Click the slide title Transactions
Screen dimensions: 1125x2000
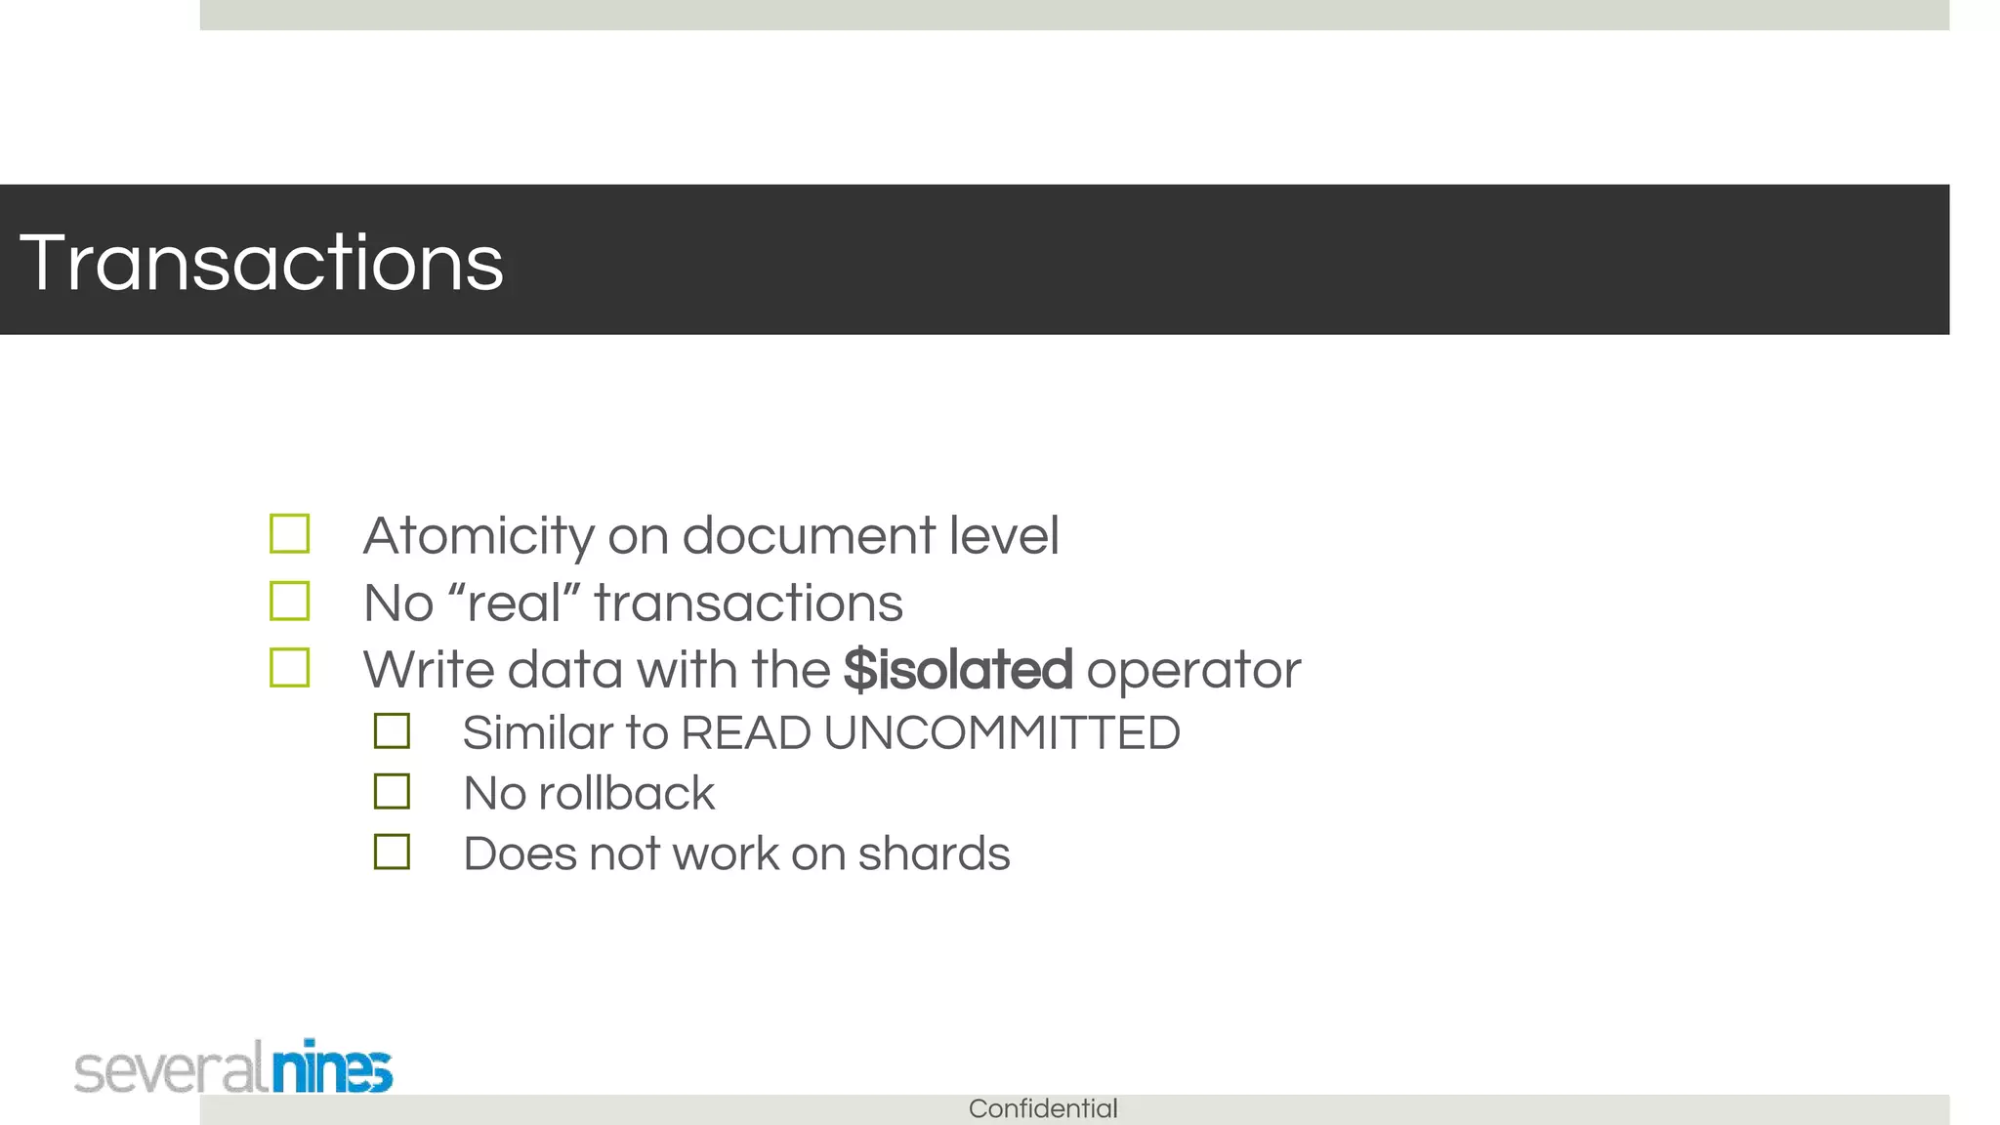pyautogui.click(x=261, y=263)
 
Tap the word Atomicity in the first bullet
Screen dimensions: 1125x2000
pyautogui.click(x=478, y=536)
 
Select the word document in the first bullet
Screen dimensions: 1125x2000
pyautogui.click(x=809, y=536)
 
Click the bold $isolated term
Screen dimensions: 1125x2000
pyautogui.click(x=958, y=671)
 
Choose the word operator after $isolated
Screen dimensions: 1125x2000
pyautogui.click(x=1193, y=671)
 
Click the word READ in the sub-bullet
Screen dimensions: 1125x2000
pyautogui.click(x=745, y=733)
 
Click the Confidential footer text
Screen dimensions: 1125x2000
pyautogui.click(x=1043, y=1109)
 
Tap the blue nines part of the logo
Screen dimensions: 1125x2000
pyautogui.click(x=332, y=1068)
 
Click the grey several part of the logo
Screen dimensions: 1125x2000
pyautogui.click(x=170, y=1070)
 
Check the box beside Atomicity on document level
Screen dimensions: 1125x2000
pyautogui.click(x=290, y=534)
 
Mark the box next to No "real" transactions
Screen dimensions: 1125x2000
pyautogui.click(x=290, y=602)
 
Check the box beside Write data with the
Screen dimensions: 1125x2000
pyautogui.click(x=290, y=669)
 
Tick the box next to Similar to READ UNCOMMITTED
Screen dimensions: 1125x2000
pyautogui.click(x=392, y=731)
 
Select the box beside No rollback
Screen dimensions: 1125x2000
pyautogui.click(x=392, y=792)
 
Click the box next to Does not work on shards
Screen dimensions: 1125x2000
pyautogui.click(x=392, y=853)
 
